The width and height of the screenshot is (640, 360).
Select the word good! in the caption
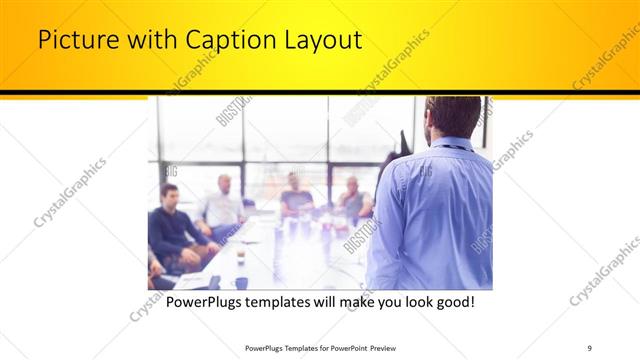tap(450, 301)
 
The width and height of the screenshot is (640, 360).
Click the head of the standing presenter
tap(450, 117)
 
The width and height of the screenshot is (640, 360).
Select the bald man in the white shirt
tap(223, 205)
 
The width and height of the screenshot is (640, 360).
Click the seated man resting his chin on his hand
tap(351, 199)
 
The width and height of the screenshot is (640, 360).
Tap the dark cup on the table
tap(241, 283)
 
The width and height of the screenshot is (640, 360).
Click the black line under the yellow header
tap(320, 93)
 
